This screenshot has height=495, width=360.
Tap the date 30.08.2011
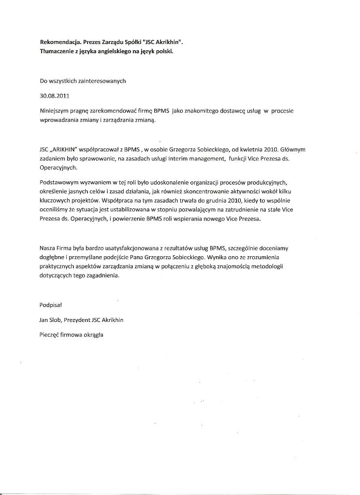[53, 96]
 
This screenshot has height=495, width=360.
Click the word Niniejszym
[55, 111]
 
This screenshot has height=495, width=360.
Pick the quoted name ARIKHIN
[65, 150]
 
